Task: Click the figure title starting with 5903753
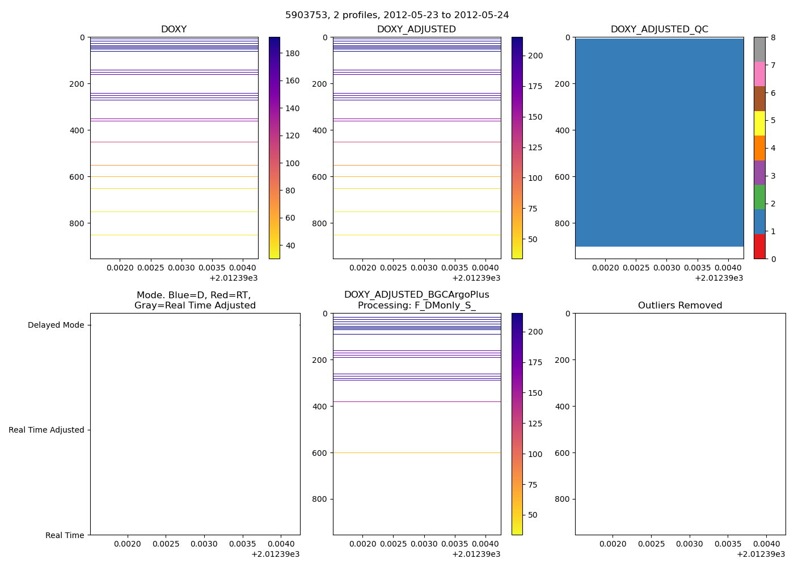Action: click(x=397, y=15)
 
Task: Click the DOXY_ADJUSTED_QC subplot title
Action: click(x=659, y=29)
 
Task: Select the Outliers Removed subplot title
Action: click(x=680, y=306)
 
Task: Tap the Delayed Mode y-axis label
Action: click(x=56, y=325)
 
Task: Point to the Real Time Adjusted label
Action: click(x=47, y=430)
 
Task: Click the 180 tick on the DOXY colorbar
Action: click(x=292, y=53)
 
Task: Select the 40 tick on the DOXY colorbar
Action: click(x=290, y=246)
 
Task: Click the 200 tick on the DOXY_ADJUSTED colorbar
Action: click(x=535, y=56)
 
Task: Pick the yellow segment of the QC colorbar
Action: click(x=759, y=123)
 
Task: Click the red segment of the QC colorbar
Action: click(x=759, y=247)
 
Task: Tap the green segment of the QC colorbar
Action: click(x=759, y=197)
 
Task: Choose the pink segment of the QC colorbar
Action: click(x=759, y=74)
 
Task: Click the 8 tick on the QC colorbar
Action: click(x=772, y=37)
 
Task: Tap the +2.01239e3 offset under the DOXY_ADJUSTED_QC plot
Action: click(x=719, y=278)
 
